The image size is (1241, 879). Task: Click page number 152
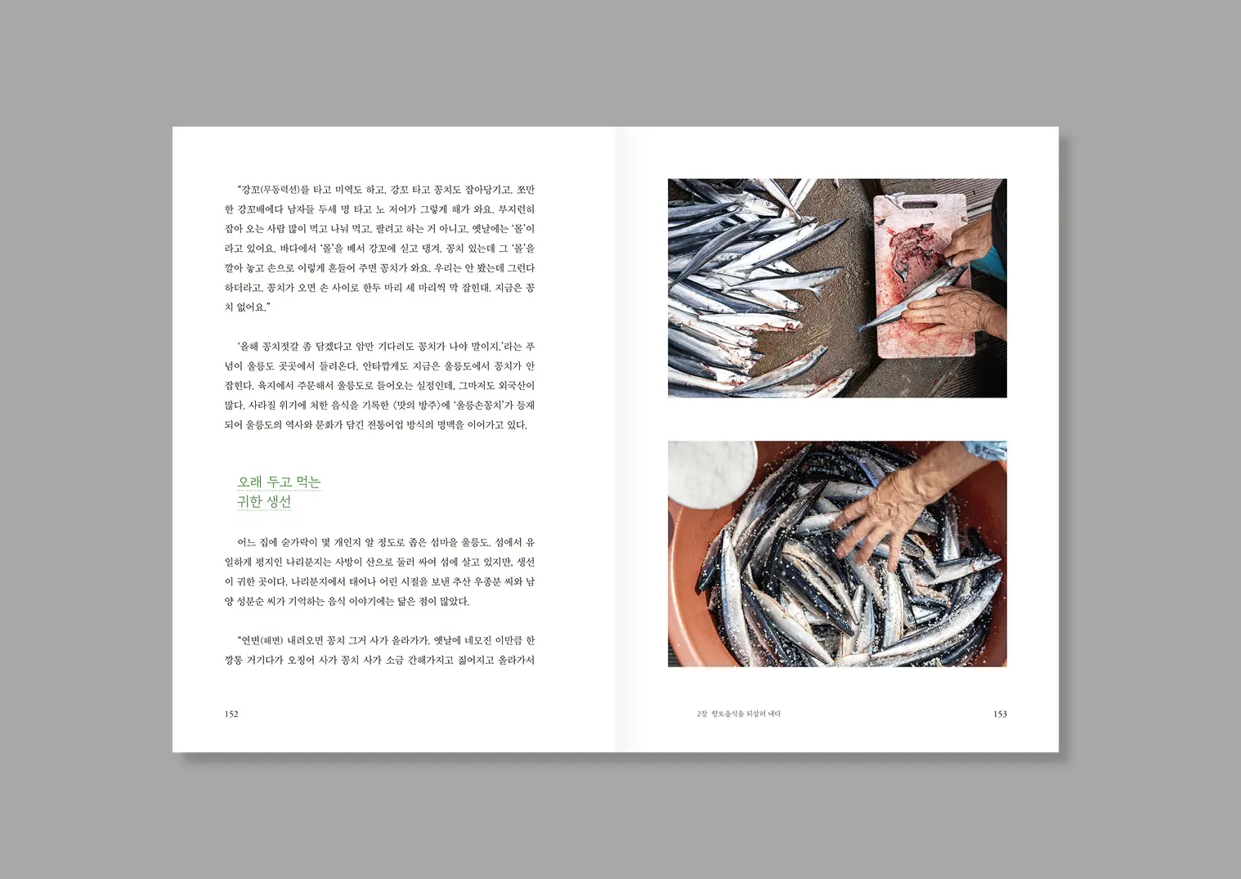[x=231, y=714]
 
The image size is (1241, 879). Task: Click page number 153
[x=1000, y=714]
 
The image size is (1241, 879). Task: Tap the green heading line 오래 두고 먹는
[x=280, y=482]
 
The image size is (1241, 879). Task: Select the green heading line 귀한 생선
[x=264, y=501]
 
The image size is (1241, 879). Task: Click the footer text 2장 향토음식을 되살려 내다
[x=738, y=714]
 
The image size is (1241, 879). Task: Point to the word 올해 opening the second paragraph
[x=249, y=347]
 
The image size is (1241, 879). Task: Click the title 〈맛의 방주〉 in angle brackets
[x=418, y=406]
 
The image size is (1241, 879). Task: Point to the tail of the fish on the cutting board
[x=863, y=328]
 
